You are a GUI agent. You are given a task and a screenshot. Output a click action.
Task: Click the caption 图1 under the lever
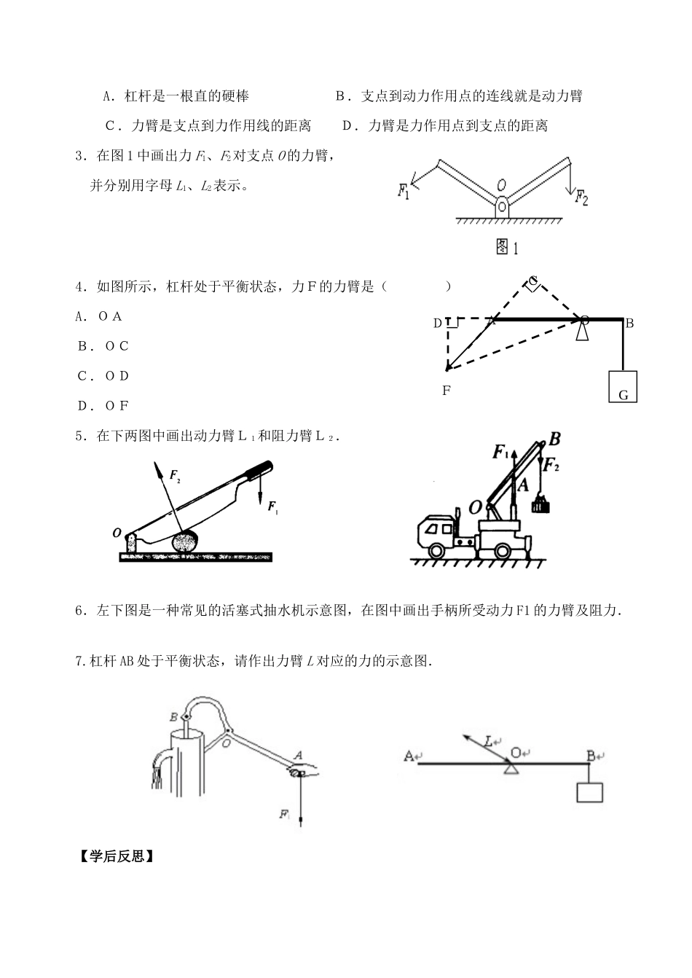tap(506, 248)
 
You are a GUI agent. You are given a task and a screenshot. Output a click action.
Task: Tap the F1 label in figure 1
tap(403, 191)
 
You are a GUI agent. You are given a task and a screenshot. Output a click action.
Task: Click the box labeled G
tap(623, 386)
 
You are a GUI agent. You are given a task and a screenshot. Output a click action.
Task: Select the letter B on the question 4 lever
tap(631, 323)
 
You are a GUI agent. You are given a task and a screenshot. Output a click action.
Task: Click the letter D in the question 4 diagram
tap(438, 323)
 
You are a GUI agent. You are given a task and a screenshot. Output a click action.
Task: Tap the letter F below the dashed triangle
tap(447, 391)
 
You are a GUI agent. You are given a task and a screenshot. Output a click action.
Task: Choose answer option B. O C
tap(103, 346)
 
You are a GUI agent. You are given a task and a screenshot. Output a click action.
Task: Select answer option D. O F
tap(103, 406)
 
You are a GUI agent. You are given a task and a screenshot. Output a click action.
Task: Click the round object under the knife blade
tap(186, 541)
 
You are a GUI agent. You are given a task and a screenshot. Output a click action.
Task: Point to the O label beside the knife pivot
tap(117, 533)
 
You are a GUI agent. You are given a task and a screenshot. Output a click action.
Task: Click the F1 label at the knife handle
tap(272, 507)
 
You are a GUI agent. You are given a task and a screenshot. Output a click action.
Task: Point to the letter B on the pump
tap(174, 717)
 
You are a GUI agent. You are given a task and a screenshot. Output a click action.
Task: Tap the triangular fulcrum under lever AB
tap(513, 769)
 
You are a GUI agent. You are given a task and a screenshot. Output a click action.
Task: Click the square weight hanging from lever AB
tap(589, 792)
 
